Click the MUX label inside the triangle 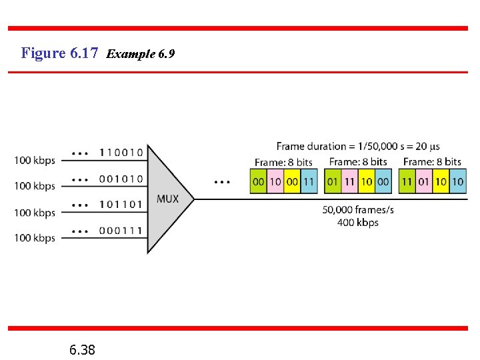pos(167,199)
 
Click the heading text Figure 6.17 pos(60,53)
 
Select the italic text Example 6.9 pos(140,53)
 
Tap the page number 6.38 pos(82,349)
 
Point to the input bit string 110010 pos(121,152)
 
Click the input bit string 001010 pos(121,179)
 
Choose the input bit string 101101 pos(121,204)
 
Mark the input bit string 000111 pos(121,230)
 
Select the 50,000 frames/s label pos(358,209)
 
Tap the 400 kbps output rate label pos(358,222)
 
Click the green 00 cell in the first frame pos(258,181)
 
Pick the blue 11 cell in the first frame pos(308,181)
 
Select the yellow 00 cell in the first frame pos(291,181)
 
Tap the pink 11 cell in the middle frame pos(349,181)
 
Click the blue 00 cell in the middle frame pos(383,181)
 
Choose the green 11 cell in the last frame pos(407,181)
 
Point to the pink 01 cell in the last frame pos(423,181)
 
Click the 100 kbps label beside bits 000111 pos(35,238)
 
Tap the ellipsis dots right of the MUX pos(223,181)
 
